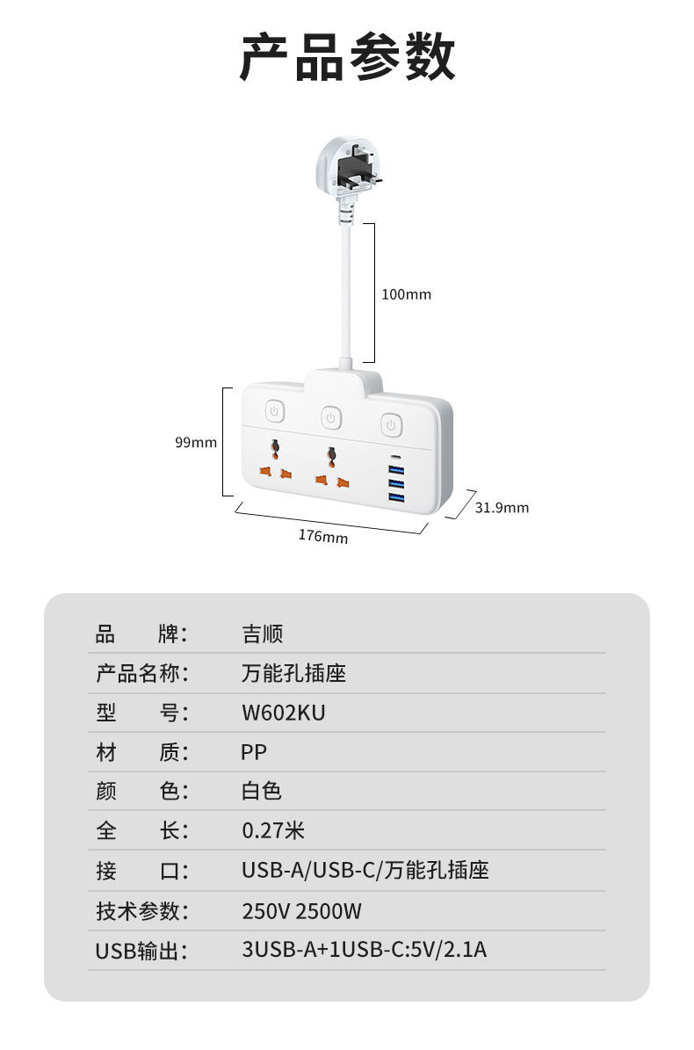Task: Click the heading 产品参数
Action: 347,57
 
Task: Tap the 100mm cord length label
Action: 406,294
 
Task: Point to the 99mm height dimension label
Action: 195,443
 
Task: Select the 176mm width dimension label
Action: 322,536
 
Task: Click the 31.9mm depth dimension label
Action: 502,507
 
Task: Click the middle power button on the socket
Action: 330,417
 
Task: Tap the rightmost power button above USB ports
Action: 390,424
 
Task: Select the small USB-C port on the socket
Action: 394,459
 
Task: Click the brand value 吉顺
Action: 262,634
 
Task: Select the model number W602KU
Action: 283,713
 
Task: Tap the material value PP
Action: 254,752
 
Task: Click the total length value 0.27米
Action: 273,830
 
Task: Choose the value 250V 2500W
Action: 301,910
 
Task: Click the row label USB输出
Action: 141,950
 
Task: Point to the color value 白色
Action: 262,791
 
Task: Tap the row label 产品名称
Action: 141,673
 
